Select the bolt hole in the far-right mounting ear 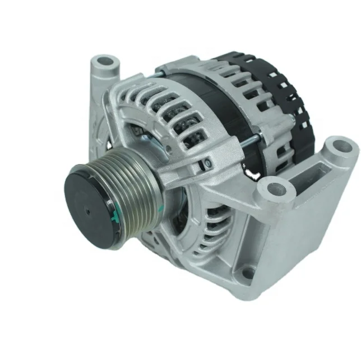340,149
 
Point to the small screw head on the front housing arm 207,163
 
